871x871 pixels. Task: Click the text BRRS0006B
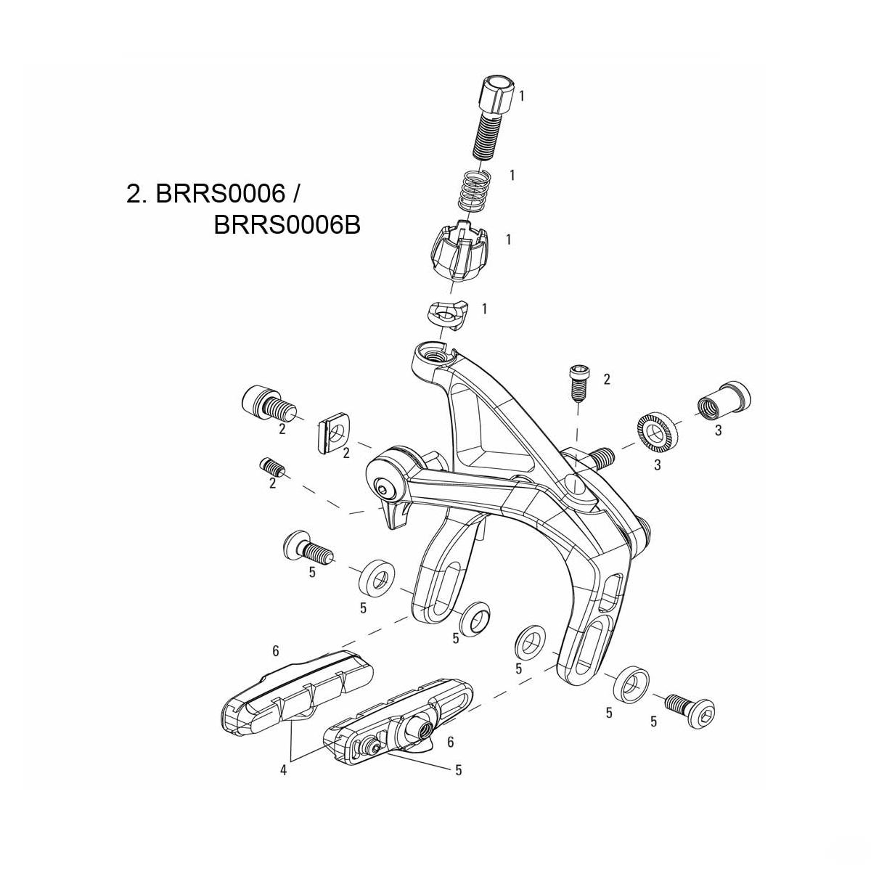287,226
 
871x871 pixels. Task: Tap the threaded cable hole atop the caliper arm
435,355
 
